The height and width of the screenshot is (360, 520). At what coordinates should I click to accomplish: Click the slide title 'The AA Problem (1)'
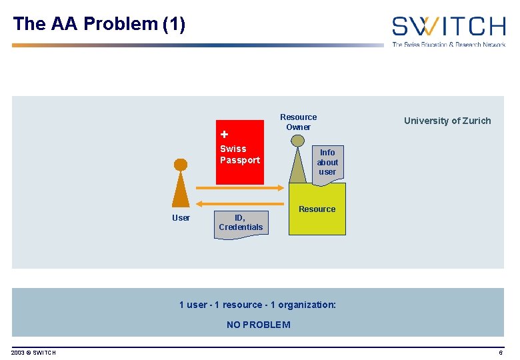(99, 25)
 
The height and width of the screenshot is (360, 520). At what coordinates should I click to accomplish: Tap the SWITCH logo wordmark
(448, 26)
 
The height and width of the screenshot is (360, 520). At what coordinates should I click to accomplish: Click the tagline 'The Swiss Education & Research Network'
(448, 45)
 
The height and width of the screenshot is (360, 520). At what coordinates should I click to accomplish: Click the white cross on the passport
(225, 134)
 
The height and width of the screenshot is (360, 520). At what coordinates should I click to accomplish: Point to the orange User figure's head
(180, 164)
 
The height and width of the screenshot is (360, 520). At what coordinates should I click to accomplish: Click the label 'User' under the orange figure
(181, 218)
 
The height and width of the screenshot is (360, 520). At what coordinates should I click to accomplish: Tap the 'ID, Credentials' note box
(241, 223)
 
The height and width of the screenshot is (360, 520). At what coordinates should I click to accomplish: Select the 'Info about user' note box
(327, 163)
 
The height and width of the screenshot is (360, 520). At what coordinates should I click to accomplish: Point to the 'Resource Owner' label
(298, 122)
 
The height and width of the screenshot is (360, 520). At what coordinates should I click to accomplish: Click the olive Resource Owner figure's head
(297, 141)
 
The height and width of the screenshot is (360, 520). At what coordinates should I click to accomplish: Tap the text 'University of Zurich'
(447, 121)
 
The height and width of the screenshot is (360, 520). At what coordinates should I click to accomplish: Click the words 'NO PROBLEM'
(258, 325)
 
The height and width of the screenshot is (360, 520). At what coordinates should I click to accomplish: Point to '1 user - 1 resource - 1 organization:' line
(257, 305)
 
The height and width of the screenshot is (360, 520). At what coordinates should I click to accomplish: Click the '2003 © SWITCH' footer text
(33, 353)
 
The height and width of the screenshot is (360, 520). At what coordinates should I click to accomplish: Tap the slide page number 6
(500, 353)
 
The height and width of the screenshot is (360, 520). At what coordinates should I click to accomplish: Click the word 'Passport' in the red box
(240, 161)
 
